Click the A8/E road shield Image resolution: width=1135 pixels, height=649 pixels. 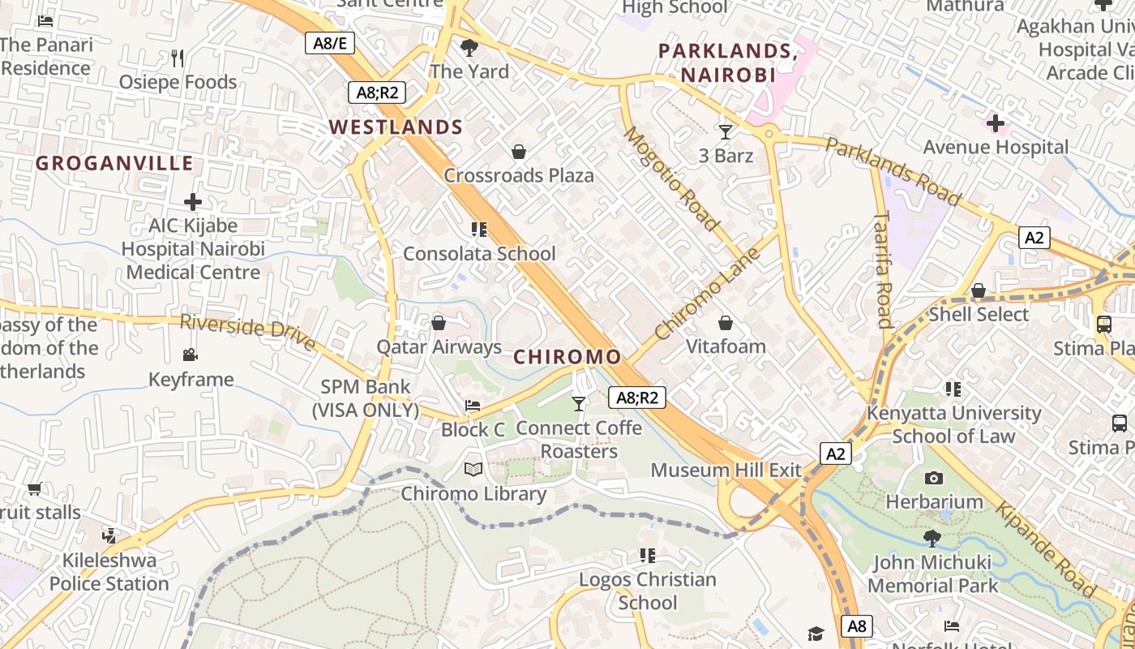[x=330, y=43]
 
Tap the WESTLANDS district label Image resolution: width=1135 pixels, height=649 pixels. [x=396, y=127]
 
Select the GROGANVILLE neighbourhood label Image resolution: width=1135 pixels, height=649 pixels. [x=114, y=163]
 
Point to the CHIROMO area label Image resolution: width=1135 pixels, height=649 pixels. [x=567, y=357]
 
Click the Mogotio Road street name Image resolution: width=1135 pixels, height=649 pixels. [x=670, y=178]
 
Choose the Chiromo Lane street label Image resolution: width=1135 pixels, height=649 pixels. [x=708, y=294]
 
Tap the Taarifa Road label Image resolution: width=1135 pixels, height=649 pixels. [x=884, y=269]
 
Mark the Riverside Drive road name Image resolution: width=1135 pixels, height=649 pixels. [x=247, y=332]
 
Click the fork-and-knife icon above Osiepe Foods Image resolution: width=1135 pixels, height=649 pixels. [x=178, y=58]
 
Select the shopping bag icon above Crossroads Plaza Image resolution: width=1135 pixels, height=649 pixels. [x=519, y=152]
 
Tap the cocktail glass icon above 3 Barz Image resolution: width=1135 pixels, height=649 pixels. [x=726, y=131]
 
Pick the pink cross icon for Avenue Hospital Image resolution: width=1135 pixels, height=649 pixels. [x=996, y=123]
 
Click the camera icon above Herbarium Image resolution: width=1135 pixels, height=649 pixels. [x=934, y=478]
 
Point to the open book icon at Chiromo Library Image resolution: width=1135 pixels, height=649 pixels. [x=473, y=469]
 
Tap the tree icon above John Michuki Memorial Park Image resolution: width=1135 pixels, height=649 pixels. [x=932, y=538]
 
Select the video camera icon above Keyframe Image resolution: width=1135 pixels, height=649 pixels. [x=191, y=355]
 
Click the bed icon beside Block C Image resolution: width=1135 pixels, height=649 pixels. [x=473, y=405]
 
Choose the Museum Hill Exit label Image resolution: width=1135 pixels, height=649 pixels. [x=726, y=471]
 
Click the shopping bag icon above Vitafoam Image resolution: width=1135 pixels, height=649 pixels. [x=726, y=323]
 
